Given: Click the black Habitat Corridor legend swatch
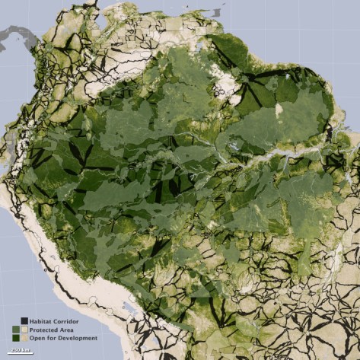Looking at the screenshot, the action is [24, 321].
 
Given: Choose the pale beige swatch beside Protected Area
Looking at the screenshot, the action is [24, 330].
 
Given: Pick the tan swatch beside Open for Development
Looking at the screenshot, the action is [24, 338].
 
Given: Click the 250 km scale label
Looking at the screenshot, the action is [21, 350].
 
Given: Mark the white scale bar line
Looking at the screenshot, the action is [21, 354].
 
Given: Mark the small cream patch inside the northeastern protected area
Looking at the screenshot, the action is [279, 110].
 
